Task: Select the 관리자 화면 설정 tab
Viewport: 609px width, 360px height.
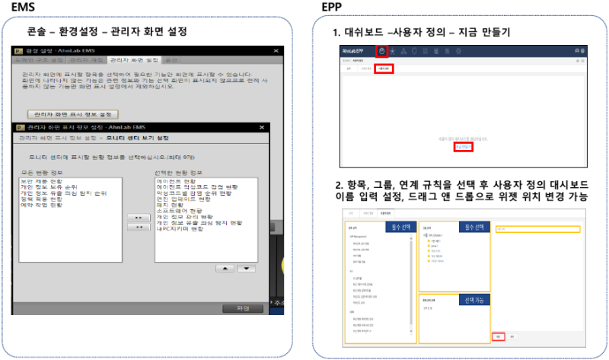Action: click(133, 59)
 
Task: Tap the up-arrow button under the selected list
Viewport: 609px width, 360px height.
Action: click(224, 268)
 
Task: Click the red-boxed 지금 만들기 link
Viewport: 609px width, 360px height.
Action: click(462, 147)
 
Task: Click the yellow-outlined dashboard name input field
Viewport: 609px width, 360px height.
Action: click(537, 228)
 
